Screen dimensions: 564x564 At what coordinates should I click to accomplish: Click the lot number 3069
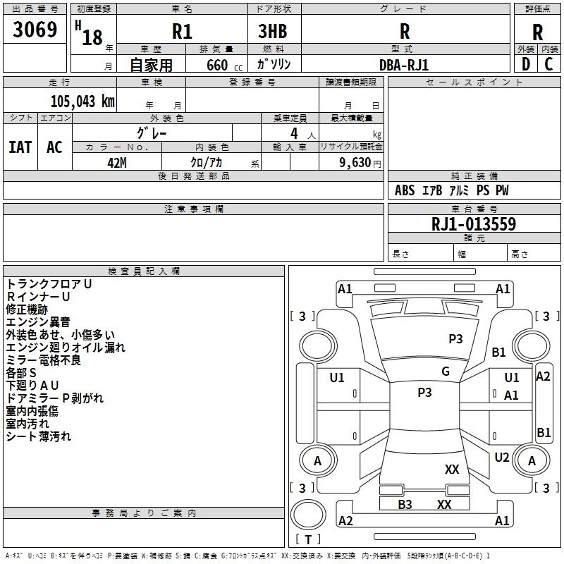pos(35,30)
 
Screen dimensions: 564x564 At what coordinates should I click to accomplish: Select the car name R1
pos(182,32)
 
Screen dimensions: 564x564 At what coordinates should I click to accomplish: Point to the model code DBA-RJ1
pos(404,65)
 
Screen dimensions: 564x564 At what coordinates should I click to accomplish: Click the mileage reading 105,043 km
pos(82,102)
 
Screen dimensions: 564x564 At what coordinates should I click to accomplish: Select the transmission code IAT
pos(20,147)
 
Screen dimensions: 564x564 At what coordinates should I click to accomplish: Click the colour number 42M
pos(117,162)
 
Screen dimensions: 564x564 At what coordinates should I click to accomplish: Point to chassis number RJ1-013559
pos(474,224)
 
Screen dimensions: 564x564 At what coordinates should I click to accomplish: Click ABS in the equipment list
pos(405,190)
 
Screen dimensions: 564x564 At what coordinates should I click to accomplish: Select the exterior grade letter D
pos(525,64)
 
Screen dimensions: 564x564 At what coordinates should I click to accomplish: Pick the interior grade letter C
pos(548,64)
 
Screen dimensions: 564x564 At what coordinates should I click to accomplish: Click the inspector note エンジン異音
pos(38,321)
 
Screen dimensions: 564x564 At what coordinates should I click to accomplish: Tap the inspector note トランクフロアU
pos(49,283)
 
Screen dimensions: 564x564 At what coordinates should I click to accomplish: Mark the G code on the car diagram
pos(446,372)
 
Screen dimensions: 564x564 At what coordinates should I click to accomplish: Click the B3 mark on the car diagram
pos(405,504)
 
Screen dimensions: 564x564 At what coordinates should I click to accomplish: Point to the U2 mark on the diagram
pos(502,458)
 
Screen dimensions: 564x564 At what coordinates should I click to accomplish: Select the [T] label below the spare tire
pos(307,540)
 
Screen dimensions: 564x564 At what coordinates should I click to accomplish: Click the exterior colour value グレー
pos(152,133)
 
